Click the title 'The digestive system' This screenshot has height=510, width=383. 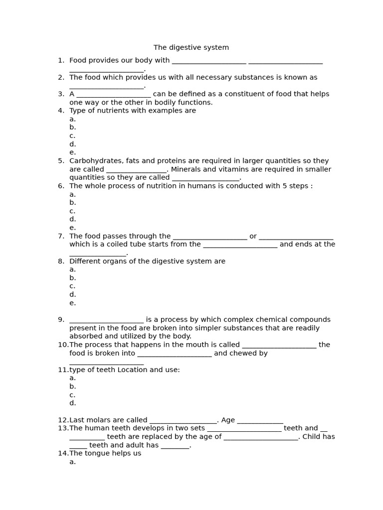click(x=191, y=48)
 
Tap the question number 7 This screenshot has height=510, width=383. click(x=61, y=236)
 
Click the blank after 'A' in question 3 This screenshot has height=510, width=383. click(x=114, y=95)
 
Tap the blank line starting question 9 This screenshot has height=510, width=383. click(x=106, y=320)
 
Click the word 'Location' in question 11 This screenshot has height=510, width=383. click(x=132, y=370)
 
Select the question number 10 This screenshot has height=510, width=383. click(x=62, y=345)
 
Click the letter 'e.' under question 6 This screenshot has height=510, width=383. click(x=73, y=228)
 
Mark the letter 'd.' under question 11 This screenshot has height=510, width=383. click(x=73, y=403)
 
